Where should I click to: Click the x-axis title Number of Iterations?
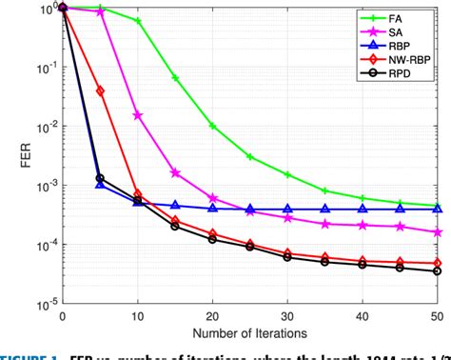click(250, 332)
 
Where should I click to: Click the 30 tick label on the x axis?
click(287, 316)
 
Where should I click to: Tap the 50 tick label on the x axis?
click(437, 316)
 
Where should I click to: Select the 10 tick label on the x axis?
click(137, 316)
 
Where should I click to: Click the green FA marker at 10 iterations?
click(137, 21)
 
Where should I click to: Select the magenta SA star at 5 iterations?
click(100, 11)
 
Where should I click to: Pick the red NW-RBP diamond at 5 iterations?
click(100, 91)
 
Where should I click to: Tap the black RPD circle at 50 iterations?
click(437, 271)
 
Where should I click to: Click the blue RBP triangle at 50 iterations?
click(437, 209)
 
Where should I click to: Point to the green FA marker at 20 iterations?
click(212, 126)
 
